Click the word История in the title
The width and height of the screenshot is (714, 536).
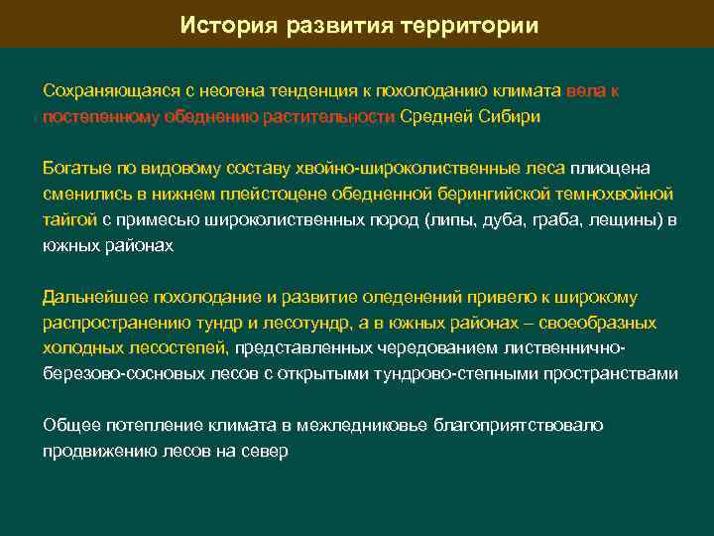[x=224, y=25]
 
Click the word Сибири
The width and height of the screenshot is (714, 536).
[x=512, y=116]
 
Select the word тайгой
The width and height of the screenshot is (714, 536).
[x=69, y=218]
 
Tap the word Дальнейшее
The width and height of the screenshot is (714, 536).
[x=90, y=297]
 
